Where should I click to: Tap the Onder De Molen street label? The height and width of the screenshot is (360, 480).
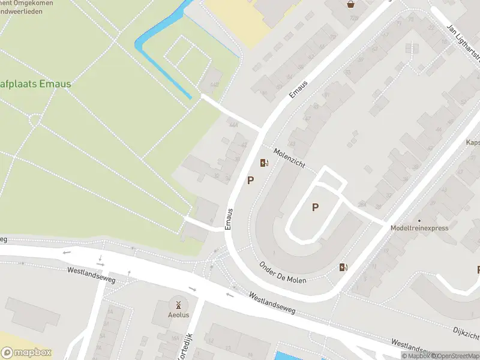coord(283,273)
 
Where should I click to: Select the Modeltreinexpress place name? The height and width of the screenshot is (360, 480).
coord(419,228)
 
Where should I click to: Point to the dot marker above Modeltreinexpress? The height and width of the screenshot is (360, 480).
coord(419,220)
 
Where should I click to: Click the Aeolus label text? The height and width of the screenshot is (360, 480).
coord(178,316)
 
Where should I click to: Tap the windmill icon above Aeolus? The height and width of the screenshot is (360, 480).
coord(178,305)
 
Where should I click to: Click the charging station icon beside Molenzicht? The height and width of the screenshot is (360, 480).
coord(263,163)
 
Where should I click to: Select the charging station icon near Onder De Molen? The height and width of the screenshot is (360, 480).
coord(343,268)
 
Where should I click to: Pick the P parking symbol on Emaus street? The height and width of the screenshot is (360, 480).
coord(250,180)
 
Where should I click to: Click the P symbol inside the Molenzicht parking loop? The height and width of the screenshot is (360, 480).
coord(314,208)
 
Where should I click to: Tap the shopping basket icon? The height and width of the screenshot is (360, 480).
coord(350,4)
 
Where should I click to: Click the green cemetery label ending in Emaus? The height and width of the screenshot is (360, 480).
coord(36,84)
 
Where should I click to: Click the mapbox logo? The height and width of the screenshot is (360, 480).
coord(26,353)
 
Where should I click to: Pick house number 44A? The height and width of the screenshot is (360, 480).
coord(233,125)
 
